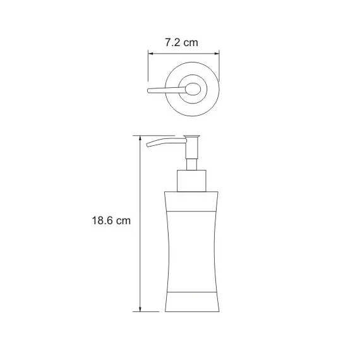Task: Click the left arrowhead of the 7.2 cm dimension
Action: [152, 53]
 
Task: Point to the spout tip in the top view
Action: [149, 91]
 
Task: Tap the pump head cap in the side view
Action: [192, 137]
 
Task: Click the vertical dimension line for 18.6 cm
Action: [140, 253]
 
